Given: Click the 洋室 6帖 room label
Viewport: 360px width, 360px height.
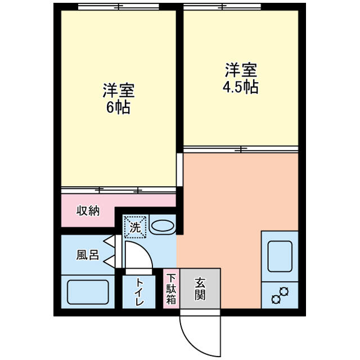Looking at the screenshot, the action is point(119,98).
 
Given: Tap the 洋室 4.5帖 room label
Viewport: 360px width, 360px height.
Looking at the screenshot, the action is point(241,78).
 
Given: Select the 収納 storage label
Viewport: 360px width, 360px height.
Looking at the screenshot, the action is point(88,211).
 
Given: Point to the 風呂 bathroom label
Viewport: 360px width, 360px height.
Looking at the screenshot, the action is point(88,255).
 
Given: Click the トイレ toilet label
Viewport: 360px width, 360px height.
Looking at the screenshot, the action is point(139,291).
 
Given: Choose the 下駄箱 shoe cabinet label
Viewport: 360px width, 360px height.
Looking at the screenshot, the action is point(171,289).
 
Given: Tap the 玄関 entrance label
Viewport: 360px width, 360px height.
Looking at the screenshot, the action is point(200,289).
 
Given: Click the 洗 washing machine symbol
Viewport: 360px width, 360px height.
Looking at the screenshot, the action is point(135,227).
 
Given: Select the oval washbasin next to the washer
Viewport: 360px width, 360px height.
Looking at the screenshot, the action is point(163,226).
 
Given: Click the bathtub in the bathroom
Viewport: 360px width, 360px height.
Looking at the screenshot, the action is point(88,292).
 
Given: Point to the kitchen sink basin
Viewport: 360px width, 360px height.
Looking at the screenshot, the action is point(280,256).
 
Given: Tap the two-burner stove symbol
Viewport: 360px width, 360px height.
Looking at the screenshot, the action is point(280,295).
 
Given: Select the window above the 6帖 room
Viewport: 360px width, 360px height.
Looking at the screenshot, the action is point(119,7).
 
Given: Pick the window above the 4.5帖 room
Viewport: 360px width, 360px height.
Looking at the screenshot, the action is point(222,7).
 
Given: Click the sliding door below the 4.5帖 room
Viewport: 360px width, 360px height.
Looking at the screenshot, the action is point(241,149).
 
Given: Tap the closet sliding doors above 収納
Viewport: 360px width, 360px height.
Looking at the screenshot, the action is point(119,190).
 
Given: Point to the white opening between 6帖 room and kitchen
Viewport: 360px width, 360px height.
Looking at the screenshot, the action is point(180,170).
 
